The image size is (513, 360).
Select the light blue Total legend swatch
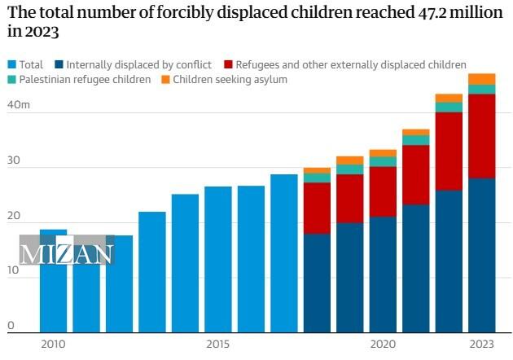point(11,64)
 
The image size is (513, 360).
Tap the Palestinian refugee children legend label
point(85,79)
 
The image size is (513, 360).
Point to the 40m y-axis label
point(19,106)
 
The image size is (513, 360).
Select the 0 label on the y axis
point(11,326)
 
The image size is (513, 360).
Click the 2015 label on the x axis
point(217,345)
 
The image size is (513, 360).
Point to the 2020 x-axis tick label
point(383,345)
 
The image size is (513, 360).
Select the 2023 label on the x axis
point(481,345)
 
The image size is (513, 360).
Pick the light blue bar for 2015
point(217,261)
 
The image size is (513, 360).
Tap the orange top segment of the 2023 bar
point(481,79)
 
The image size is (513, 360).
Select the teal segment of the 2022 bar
point(449,108)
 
